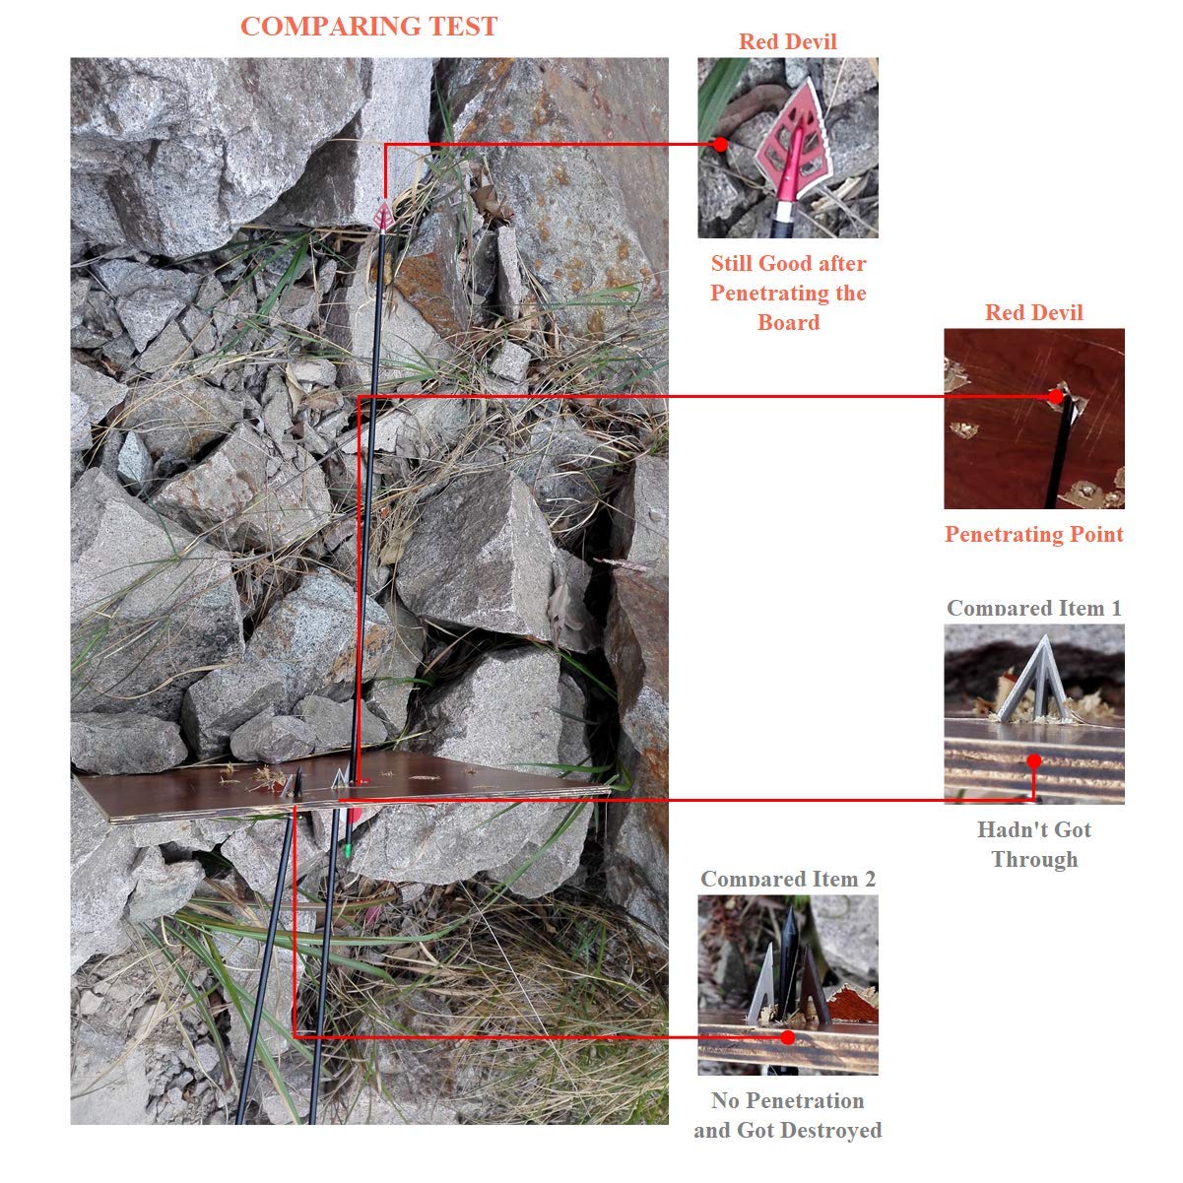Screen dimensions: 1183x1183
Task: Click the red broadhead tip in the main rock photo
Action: click(384, 216)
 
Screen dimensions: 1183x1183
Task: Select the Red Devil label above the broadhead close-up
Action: click(788, 41)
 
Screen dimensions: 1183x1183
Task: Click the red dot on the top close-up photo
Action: click(720, 144)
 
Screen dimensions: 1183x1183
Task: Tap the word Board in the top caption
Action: click(788, 322)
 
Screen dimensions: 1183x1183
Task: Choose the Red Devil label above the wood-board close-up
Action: click(1034, 312)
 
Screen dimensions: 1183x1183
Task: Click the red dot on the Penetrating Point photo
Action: click(1055, 397)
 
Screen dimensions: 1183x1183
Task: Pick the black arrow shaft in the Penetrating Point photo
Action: click(1059, 454)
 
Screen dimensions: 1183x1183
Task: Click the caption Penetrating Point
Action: click(1034, 534)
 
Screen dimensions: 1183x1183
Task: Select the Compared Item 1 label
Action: click(1034, 609)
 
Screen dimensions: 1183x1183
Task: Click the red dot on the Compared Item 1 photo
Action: click(1034, 761)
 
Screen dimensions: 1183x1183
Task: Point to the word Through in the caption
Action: click(1034, 859)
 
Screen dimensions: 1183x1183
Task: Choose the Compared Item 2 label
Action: click(788, 879)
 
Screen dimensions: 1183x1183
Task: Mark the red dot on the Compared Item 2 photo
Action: click(788, 1037)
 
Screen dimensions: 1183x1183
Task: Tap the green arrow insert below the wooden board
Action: click(348, 850)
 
